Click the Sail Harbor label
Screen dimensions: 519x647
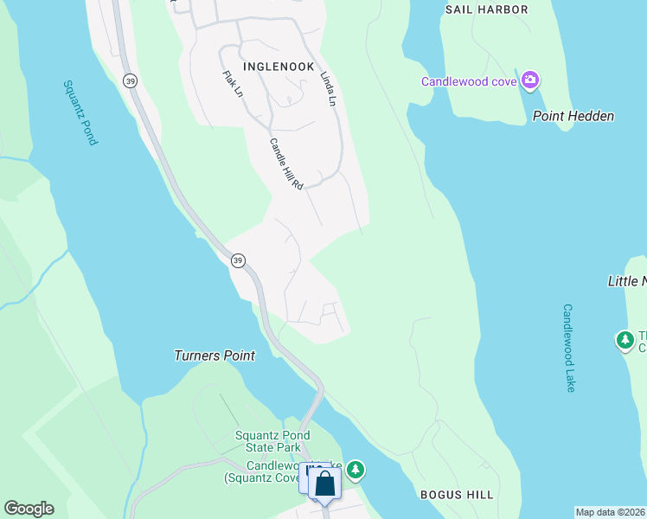point(486,10)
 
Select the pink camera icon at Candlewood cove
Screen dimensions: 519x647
point(530,82)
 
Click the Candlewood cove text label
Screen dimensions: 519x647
point(469,82)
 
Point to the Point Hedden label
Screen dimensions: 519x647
point(573,116)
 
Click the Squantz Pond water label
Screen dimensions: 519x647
point(80,112)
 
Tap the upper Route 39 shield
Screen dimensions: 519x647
point(130,80)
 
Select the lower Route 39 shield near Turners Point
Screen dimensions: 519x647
point(237,259)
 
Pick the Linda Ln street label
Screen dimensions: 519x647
point(327,88)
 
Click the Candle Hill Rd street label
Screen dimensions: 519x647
point(286,164)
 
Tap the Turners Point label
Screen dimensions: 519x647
point(215,356)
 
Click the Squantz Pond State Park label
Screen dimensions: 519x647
point(267,441)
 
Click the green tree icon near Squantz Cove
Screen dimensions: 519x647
point(356,470)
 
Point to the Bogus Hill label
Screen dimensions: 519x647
point(457,495)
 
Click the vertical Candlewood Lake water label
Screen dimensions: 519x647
point(568,348)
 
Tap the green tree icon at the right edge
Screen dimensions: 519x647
point(625,340)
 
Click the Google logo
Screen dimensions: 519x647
point(29,509)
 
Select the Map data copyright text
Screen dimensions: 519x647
point(611,512)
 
